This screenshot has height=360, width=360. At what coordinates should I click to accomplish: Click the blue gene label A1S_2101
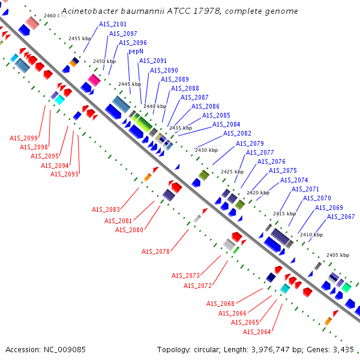tap(113, 24)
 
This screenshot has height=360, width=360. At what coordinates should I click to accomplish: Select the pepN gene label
tap(136, 51)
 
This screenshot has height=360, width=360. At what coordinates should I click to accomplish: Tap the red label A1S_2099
tap(23, 138)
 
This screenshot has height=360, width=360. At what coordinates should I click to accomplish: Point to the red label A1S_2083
tap(106, 209)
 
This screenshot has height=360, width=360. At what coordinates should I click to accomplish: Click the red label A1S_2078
tap(155, 251)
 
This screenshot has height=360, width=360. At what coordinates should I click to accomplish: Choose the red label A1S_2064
tap(257, 332)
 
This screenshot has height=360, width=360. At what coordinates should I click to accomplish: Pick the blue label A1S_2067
tap(341, 217)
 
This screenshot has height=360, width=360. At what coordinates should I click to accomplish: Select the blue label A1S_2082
tap(237, 133)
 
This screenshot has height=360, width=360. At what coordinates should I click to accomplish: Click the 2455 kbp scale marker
tap(80, 38)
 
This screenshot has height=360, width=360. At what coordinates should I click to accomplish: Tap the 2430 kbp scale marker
tap(206, 150)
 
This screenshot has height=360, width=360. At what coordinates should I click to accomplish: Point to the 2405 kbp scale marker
tap(338, 255)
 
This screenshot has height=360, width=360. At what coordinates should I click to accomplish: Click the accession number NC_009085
tap(65, 350)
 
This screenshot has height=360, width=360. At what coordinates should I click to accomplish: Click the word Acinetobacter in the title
tap(90, 11)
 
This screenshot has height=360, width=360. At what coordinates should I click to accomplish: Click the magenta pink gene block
tap(94, 80)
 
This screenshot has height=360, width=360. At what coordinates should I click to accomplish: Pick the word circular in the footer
tap(206, 350)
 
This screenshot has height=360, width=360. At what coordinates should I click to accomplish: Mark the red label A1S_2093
tap(64, 174)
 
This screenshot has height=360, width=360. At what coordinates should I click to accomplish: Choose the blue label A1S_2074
tap(294, 180)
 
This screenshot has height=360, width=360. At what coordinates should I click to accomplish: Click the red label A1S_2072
tap(197, 286)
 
